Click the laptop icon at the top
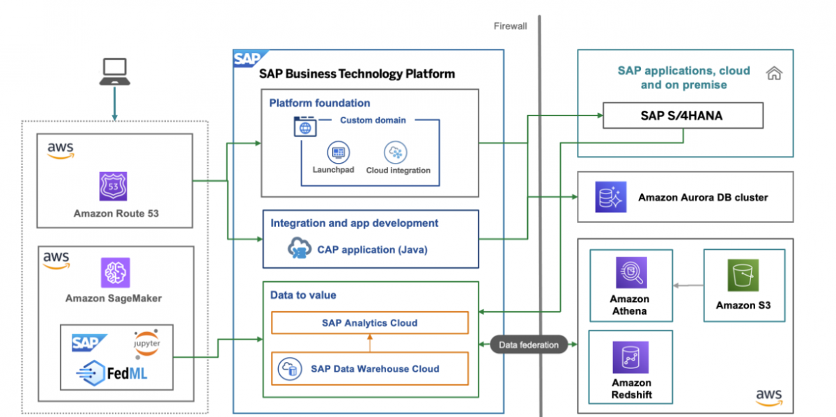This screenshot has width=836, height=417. [x=114, y=72]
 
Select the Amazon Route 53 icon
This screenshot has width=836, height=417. [x=113, y=186]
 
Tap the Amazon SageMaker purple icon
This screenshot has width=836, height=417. [x=115, y=272]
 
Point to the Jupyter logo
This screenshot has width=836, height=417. [x=146, y=342]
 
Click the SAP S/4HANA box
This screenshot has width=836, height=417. [x=682, y=116]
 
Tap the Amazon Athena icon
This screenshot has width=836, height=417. [x=630, y=272]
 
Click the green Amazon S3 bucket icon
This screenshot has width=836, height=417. [x=743, y=276]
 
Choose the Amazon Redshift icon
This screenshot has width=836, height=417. [x=630, y=358]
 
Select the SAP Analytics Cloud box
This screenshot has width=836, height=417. [x=369, y=323]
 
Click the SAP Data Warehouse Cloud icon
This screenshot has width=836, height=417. [x=288, y=368]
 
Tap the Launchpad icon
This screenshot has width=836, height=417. [x=339, y=152]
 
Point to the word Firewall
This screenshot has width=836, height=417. [x=510, y=26]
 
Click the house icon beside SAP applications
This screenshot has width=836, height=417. [x=773, y=73]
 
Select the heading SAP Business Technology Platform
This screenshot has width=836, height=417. [x=357, y=74]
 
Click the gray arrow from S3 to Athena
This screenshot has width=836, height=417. [x=688, y=285]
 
